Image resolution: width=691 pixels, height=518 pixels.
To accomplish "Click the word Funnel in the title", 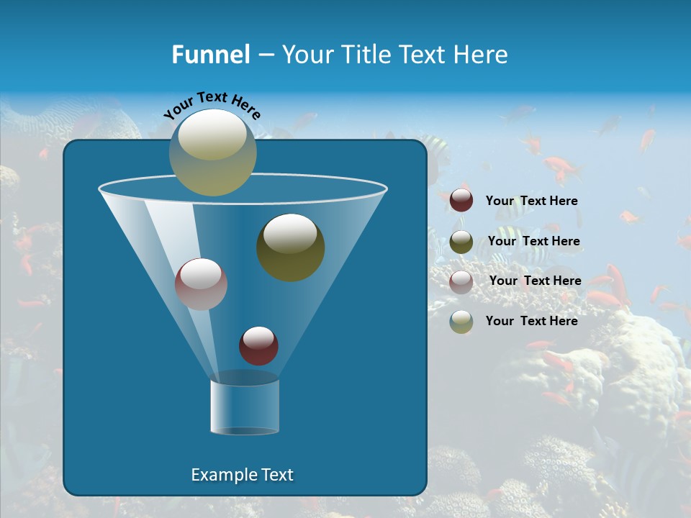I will (x=210, y=55).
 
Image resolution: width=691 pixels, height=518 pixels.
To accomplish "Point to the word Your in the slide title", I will (x=305, y=55).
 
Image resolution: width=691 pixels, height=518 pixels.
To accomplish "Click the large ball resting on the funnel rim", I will (x=212, y=153).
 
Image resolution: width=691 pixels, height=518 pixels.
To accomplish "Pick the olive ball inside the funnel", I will (x=290, y=247).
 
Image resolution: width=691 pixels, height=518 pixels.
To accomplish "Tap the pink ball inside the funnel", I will (x=201, y=284).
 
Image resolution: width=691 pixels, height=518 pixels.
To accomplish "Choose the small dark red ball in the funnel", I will (x=258, y=345).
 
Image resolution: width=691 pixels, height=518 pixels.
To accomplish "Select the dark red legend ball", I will (x=461, y=201).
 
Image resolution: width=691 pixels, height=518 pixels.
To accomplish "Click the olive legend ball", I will (x=461, y=242).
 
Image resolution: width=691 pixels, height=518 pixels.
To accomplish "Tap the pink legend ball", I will (x=461, y=281).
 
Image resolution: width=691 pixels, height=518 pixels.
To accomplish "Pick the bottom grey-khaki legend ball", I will (x=461, y=322).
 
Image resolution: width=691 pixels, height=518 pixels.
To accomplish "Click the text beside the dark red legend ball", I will (x=531, y=201).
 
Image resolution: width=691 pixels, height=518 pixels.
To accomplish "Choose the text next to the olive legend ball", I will (x=533, y=242).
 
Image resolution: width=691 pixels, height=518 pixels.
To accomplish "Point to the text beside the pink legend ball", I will (x=535, y=281).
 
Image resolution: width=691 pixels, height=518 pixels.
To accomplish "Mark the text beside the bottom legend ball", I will (x=531, y=321).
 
